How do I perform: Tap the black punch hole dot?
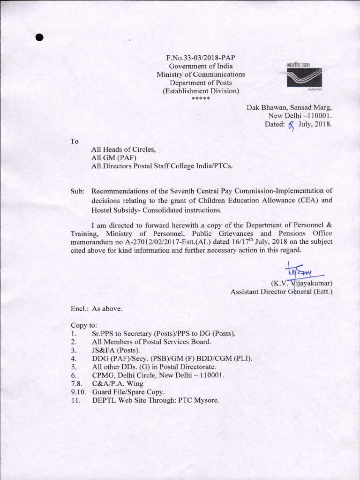click(39, 38)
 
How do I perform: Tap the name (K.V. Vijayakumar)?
click(302, 283)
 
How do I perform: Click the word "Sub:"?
click(77, 191)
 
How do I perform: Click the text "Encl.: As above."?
click(97, 309)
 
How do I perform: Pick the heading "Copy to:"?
click(84, 325)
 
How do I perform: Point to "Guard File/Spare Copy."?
click(128, 392)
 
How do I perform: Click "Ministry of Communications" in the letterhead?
click(201, 74)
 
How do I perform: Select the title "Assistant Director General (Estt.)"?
click(281, 292)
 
